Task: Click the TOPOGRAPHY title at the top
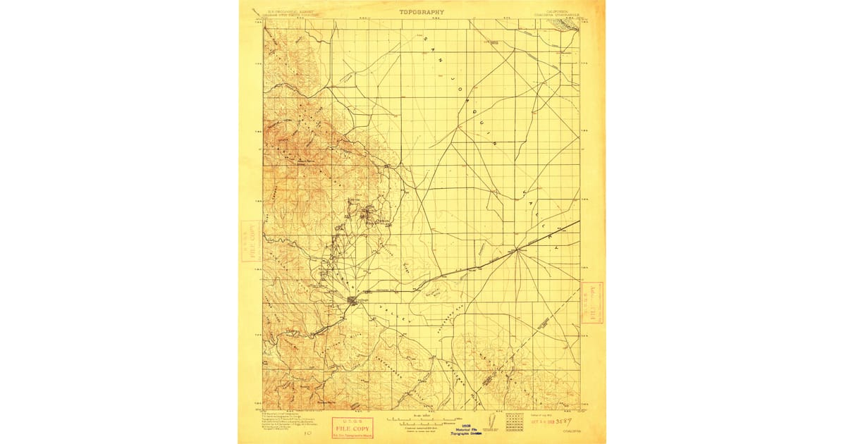coord(422,12)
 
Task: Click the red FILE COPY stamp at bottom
coord(352,426)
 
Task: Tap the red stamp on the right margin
coord(594,302)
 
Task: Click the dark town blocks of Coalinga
coord(352,301)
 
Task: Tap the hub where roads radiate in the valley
coord(517,249)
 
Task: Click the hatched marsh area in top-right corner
coord(567,25)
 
